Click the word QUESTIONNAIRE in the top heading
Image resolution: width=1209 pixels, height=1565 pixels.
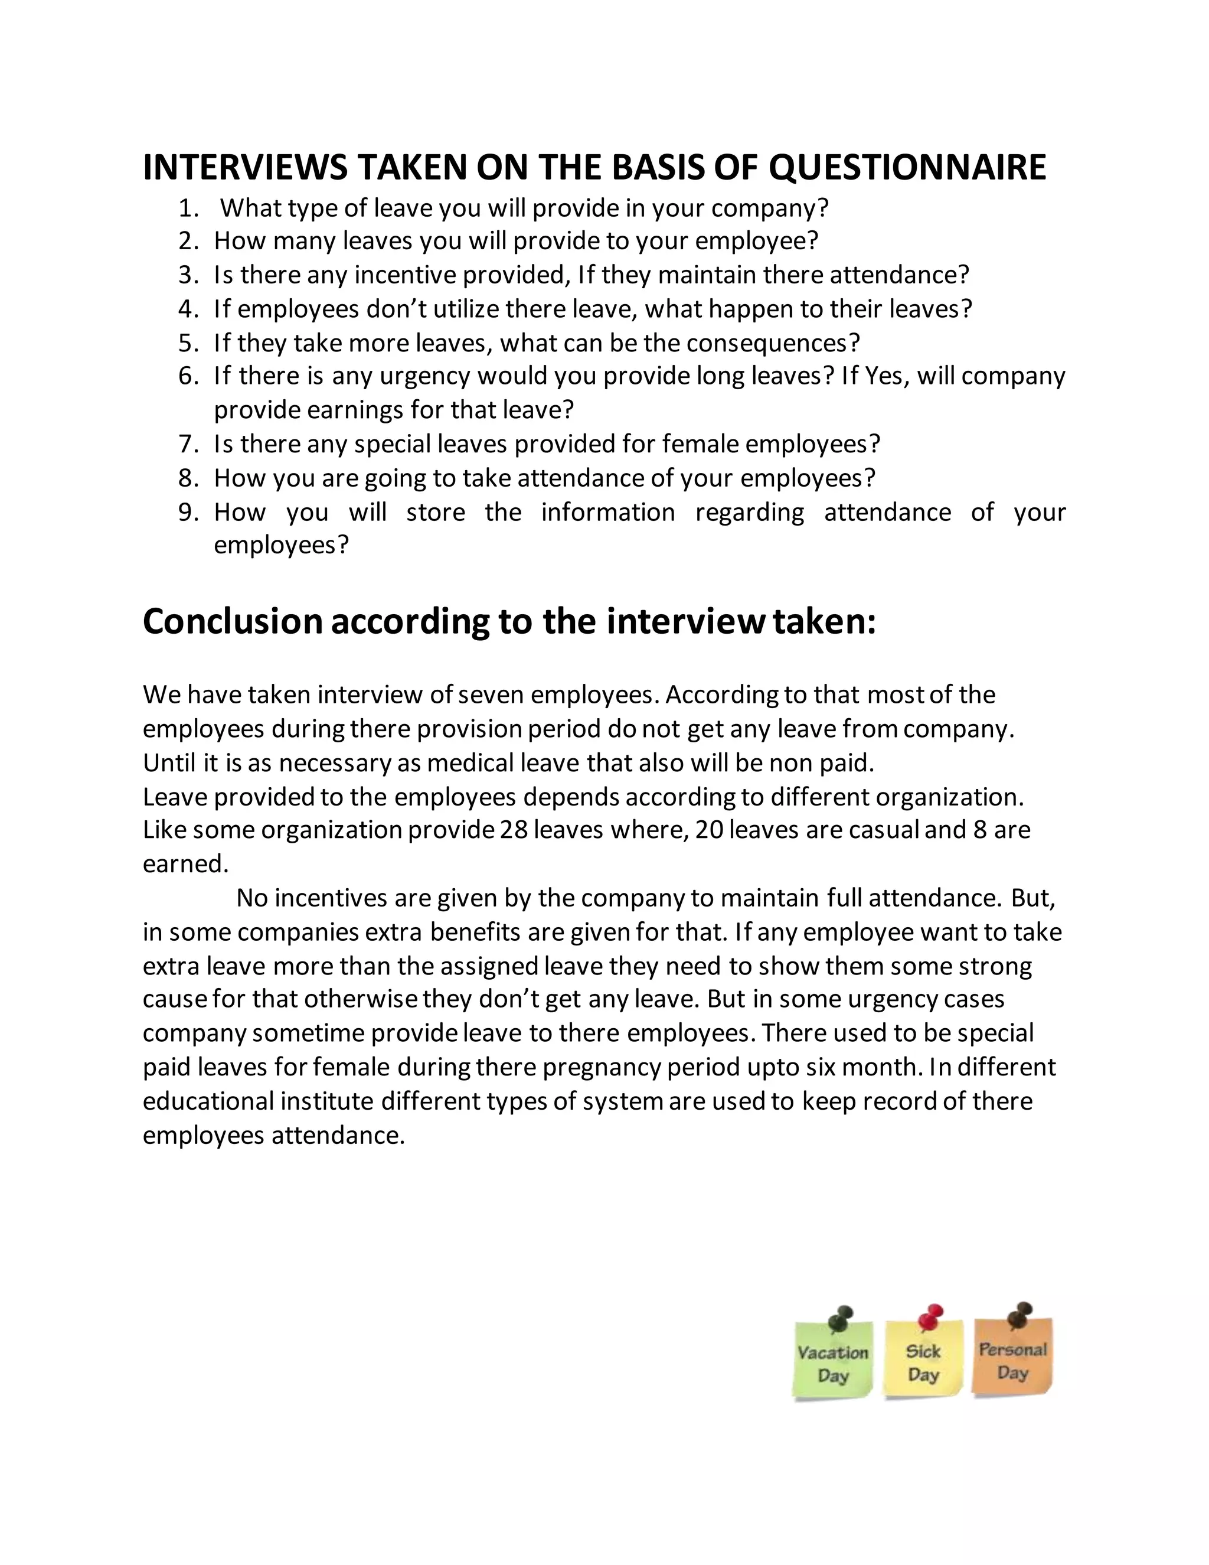click(907, 168)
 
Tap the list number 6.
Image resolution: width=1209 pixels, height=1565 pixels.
click(187, 376)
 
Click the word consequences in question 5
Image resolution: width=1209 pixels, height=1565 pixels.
click(773, 343)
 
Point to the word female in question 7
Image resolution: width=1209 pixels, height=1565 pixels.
click(701, 444)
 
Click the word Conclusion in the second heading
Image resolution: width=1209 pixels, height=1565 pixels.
click(233, 621)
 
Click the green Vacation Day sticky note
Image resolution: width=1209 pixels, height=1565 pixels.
click(833, 1360)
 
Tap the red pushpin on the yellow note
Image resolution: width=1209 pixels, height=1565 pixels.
click(930, 1316)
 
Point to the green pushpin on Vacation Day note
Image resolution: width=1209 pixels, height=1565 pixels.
click(840, 1319)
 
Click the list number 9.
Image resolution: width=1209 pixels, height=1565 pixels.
click(187, 513)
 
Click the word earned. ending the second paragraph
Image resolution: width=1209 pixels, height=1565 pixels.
click(185, 864)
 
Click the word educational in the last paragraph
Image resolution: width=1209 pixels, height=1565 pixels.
click(208, 1101)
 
